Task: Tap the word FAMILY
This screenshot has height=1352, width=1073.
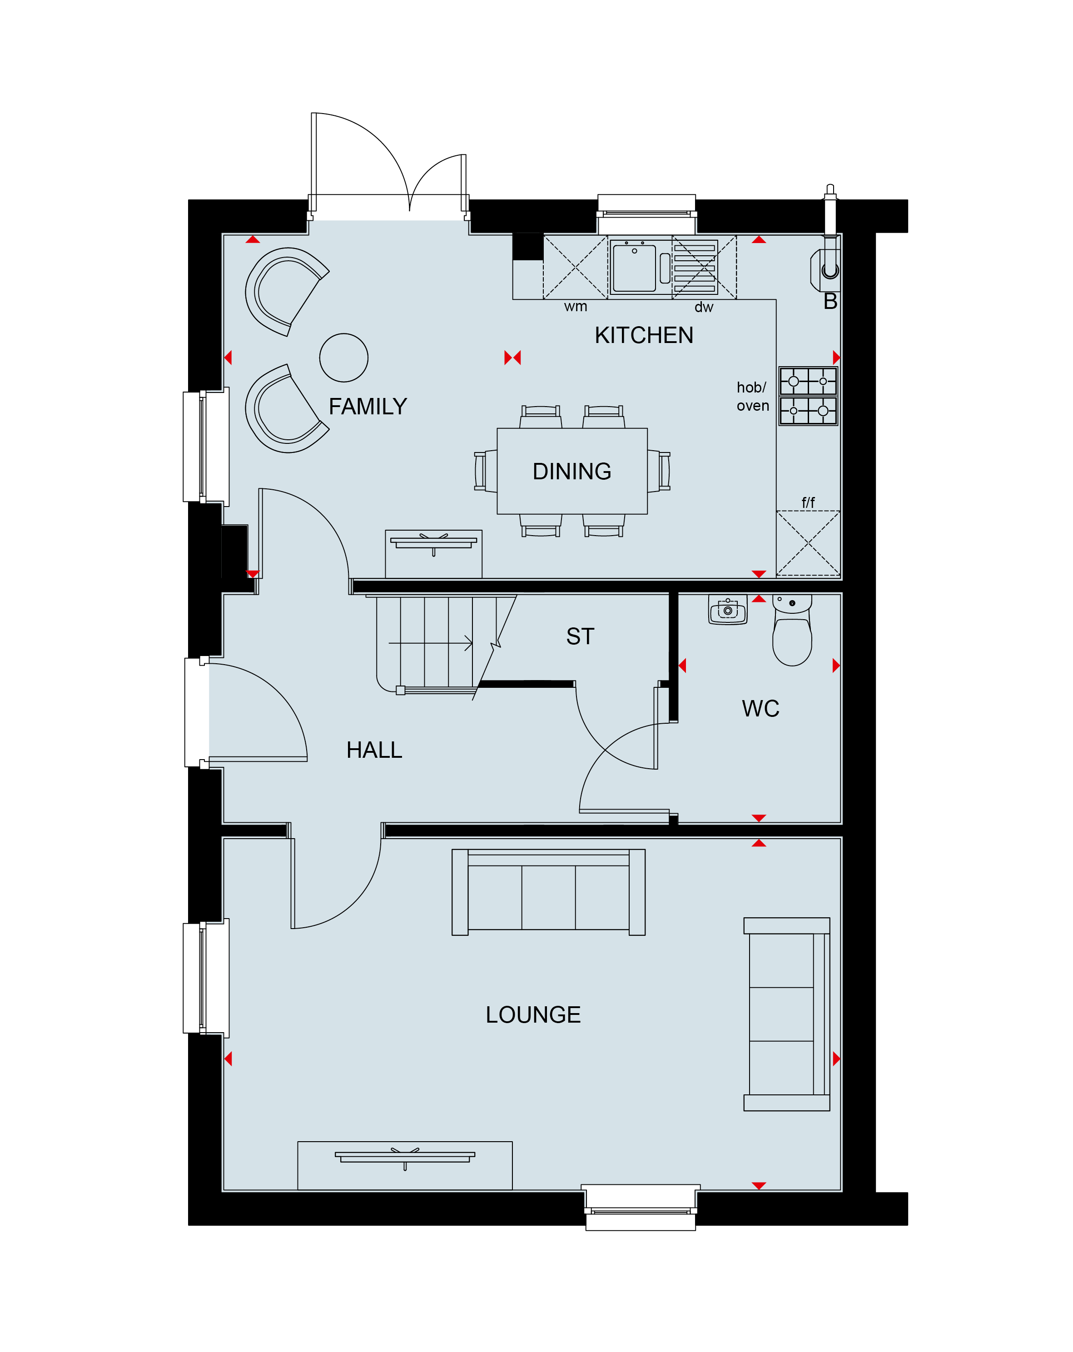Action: (368, 407)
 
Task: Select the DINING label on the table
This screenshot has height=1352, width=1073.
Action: (571, 472)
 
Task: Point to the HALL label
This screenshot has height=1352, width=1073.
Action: (374, 750)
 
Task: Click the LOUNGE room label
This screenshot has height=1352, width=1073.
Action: (533, 1014)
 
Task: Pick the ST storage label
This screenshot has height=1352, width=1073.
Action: (580, 636)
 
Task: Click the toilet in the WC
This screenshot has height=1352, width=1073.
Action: (792, 630)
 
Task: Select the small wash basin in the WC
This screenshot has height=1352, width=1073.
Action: (727, 610)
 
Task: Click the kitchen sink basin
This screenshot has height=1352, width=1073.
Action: (634, 268)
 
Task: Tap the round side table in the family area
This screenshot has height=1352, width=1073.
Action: (344, 358)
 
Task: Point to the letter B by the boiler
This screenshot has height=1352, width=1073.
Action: (830, 302)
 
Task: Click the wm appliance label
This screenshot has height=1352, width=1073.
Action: (575, 307)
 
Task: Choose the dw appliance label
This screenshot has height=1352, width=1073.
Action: (704, 307)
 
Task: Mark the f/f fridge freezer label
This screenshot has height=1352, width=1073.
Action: (808, 502)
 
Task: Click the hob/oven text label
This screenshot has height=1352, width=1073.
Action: (753, 396)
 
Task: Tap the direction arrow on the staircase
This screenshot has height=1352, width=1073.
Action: (430, 643)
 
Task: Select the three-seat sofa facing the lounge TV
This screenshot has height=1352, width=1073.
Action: (548, 892)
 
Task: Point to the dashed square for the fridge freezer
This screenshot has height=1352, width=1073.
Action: (808, 543)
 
